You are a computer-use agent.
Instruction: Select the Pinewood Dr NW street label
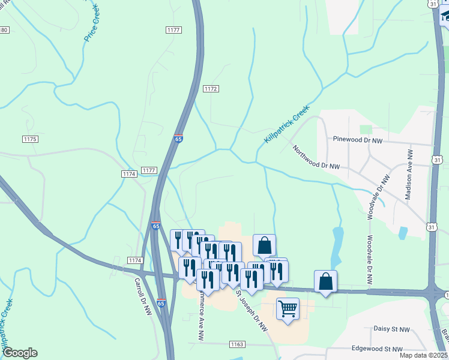[x=358, y=139]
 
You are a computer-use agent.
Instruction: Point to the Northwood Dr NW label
[x=316, y=158]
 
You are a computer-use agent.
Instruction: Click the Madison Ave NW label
[x=410, y=175]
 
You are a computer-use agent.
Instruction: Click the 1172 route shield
[x=210, y=89]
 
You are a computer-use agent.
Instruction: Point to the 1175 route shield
[x=30, y=139]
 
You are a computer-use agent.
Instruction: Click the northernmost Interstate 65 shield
[x=179, y=139]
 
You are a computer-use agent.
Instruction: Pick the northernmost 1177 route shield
[x=174, y=29]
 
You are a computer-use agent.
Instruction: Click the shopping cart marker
[x=288, y=308]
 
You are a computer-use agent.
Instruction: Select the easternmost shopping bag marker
[x=325, y=281]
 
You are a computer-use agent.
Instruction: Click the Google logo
[x=20, y=353]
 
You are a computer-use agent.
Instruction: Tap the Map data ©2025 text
[x=424, y=355]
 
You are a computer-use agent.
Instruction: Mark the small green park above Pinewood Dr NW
[x=366, y=129]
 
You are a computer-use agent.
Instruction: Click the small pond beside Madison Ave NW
[x=402, y=232]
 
